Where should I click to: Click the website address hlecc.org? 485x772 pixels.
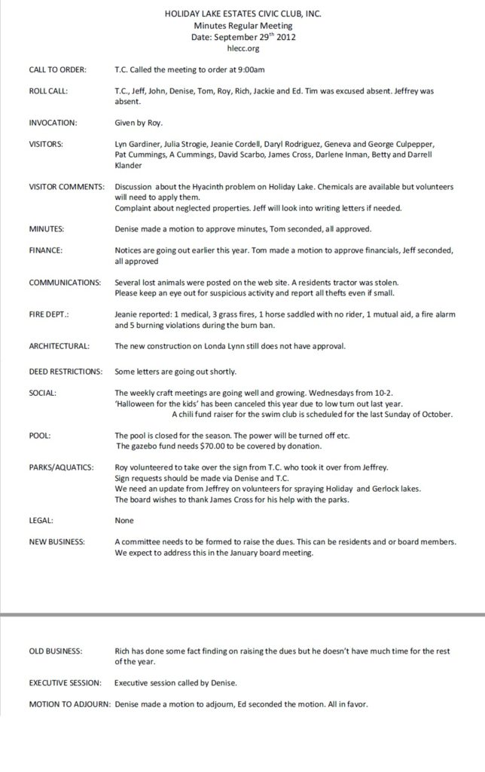[x=242, y=46]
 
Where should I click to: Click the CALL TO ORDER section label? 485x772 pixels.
[x=57, y=69]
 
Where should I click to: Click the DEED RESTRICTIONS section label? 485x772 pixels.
[x=65, y=372]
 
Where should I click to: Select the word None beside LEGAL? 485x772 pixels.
[x=124, y=520]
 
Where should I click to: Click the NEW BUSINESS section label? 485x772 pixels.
[x=56, y=542]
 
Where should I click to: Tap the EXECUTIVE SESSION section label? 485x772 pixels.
[x=65, y=683]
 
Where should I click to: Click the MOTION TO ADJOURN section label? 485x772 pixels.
[x=69, y=705]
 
